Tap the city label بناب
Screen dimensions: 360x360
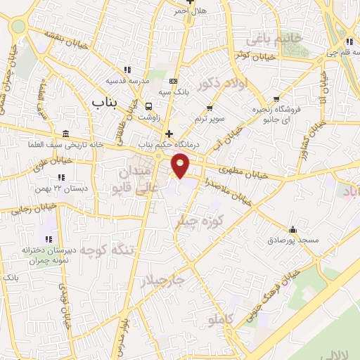(x=105, y=103)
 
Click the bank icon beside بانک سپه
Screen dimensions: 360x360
(x=173, y=82)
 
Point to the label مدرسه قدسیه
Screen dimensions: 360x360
(x=148, y=81)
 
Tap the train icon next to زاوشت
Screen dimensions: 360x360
(x=148, y=106)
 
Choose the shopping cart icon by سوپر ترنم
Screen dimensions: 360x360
(x=210, y=108)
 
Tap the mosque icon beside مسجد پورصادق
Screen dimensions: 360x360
(x=292, y=229)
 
